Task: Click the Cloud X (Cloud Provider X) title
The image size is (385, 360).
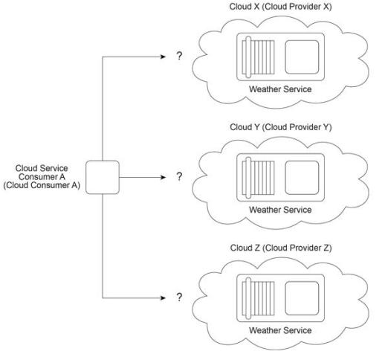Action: (x=280, y=7)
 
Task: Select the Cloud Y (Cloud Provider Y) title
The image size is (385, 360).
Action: (x=281, y=127)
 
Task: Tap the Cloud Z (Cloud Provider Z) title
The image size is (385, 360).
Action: (x=281, y=248)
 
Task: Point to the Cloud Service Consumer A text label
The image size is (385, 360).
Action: (x=42, y=177)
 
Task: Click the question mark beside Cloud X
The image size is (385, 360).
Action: (x=179, y=56)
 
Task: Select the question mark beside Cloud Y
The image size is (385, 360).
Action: (x=179, y=176)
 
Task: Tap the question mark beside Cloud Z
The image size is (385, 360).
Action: (x=179, y=297)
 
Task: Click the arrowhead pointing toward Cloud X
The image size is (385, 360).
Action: (x=163, y=57)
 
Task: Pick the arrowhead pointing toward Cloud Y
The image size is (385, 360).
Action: (x=163, y=177)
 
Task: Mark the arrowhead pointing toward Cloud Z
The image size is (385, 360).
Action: (x=163, y=298)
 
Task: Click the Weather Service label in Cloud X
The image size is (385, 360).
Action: (x=280, y=89)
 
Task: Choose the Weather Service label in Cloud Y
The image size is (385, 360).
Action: (x=280, y=210)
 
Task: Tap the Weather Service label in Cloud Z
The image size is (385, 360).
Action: (x=280, y=330)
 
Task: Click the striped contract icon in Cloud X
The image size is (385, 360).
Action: (x=258, y=57)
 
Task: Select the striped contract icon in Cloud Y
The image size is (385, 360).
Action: (x=258, y=178)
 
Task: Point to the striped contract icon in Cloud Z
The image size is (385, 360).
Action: (x=258, y=298)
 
